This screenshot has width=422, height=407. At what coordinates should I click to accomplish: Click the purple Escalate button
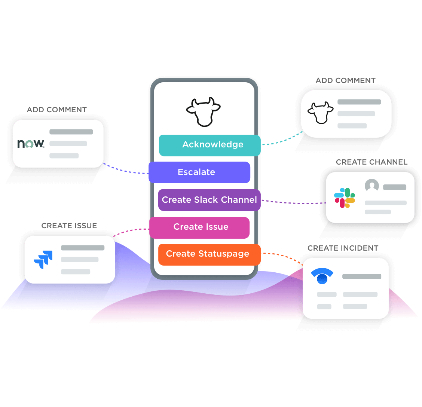[x=199, y=172]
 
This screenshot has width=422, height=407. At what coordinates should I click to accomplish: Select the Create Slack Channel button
[x=209, y=200]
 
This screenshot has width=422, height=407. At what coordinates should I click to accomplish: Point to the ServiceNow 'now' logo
[x=31, y=143]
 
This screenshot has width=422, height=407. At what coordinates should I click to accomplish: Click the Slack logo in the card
[x=345, y=198]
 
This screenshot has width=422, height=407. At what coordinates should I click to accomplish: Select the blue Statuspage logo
[x=322, y=276]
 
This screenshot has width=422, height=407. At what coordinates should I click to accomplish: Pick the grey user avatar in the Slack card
[x=371, y=186]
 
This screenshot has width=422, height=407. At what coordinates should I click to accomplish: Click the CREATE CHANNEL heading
[x=371, y=162]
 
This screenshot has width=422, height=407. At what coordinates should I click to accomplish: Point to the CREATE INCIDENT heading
[x=343, y=248]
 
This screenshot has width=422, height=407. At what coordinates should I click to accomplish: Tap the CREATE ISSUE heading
[x=69, y=226]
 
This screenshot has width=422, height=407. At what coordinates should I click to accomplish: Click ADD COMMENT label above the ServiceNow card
[x=57, y=110]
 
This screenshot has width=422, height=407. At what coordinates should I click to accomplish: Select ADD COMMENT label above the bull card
[x=345, y=80]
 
